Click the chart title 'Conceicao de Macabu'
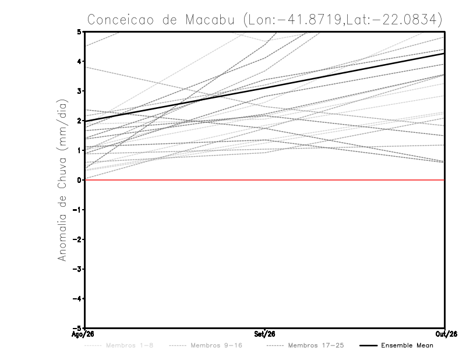click(161, 20)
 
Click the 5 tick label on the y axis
click(79, 31)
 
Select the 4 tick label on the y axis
click(79, 62)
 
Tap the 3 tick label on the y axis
click(79, 91)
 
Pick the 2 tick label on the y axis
click(79, 121)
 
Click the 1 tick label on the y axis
click(79, 150)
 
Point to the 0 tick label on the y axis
click(79, 180)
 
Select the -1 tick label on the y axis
click(77, 210)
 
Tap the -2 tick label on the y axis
click(77, 239)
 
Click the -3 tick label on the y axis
click(77, 269)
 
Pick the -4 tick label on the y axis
click(77, 299)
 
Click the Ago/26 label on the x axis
click(83, 334)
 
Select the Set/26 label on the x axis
click(264, 334)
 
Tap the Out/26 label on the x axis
click(446, 334)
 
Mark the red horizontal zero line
click(264, 180)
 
